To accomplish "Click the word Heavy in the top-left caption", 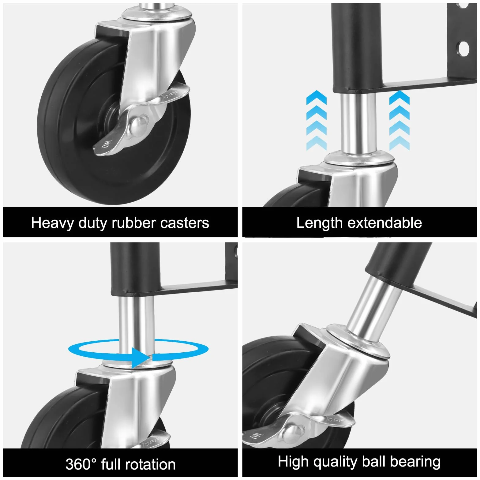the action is (x=52, y=223).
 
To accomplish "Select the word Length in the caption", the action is (x=319, y=223).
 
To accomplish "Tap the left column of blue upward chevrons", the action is (x=317, y=120).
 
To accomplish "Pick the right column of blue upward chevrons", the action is (x=399, y=120).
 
